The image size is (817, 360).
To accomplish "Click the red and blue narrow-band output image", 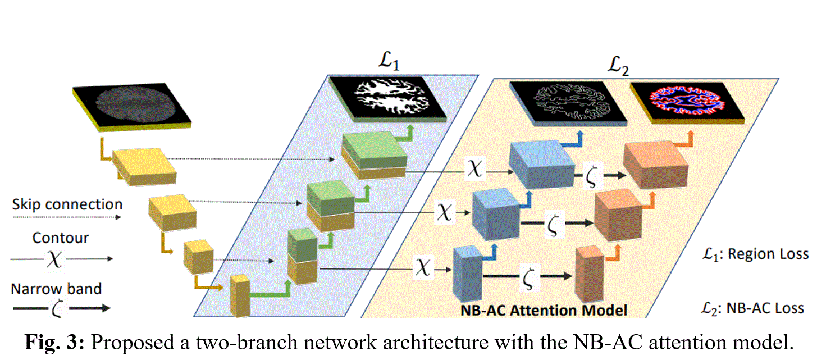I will pos(686,102).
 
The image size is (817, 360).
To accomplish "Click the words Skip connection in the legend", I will pos(67,204).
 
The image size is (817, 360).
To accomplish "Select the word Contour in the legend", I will pos(61,238).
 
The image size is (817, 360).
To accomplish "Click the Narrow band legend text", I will pos(56,289).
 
